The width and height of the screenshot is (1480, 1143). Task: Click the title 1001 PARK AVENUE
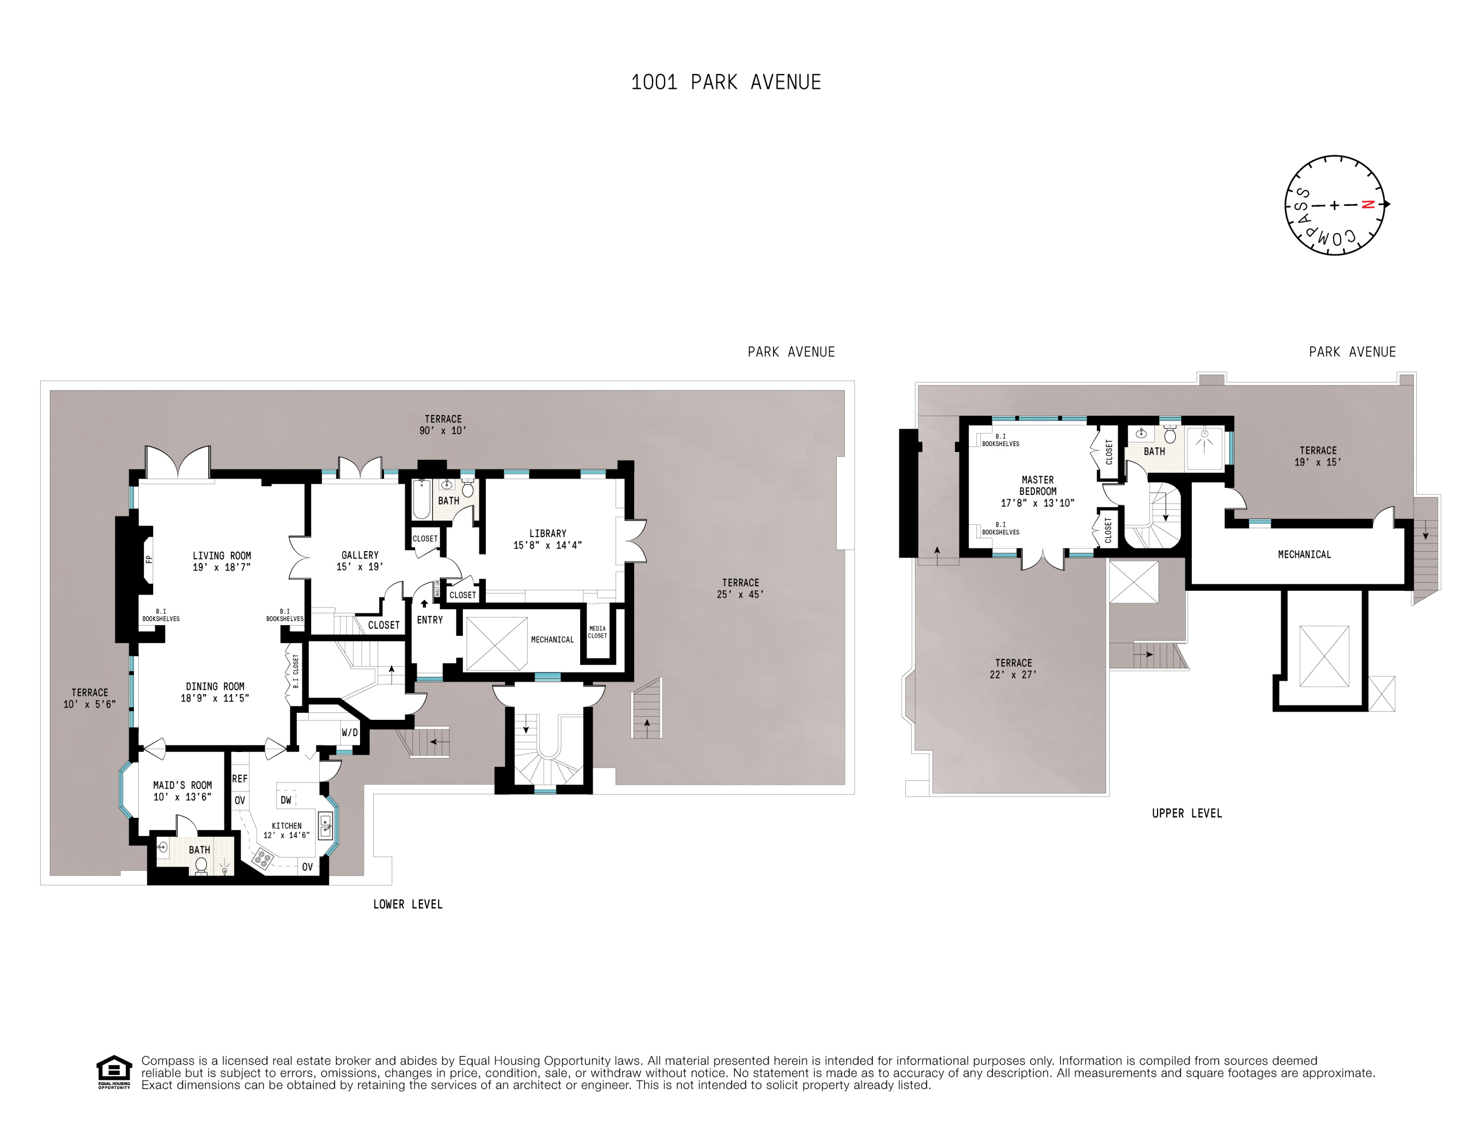pos(726,82)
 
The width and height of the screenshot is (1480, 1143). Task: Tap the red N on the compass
pos(1368,205)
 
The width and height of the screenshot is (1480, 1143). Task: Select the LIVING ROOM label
pos(222,555)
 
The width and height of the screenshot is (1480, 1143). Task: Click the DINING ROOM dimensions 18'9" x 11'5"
pos(215,698)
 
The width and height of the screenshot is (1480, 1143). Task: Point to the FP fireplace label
pos(149,559)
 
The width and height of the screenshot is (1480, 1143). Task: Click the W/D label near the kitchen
pos(350,732)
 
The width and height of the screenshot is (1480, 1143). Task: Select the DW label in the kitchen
pos(286,800)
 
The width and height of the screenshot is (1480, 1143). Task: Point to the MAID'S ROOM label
pos(182,785)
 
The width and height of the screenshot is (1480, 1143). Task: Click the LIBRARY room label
pos(547,533)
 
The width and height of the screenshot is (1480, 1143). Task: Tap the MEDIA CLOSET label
pos(597,632)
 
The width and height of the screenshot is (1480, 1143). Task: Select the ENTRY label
pos(430,620)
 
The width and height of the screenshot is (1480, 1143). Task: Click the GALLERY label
pos(360,555)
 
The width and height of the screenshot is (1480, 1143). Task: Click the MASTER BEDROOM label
pos(1038,485)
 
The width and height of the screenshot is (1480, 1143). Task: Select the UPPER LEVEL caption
pos(1186,813)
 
